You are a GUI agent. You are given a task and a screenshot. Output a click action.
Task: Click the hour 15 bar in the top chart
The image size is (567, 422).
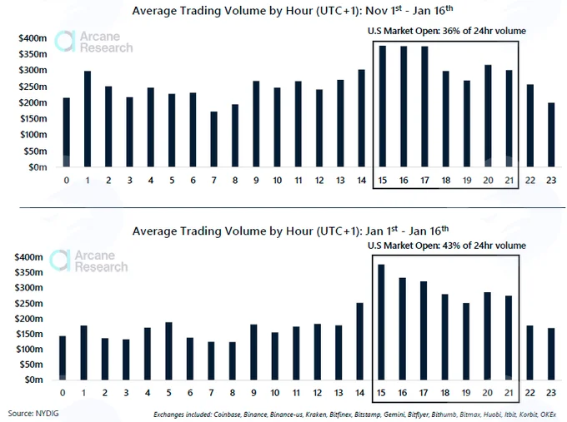(382, 107)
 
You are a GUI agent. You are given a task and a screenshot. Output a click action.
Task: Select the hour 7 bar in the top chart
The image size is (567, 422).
(213, 139)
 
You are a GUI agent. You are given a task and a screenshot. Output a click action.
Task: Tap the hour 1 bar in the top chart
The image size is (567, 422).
(88, 119)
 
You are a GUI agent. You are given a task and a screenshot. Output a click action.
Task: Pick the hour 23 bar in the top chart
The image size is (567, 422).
(550, 135)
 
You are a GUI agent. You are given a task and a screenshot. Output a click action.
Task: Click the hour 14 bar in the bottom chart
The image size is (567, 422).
(359, 341)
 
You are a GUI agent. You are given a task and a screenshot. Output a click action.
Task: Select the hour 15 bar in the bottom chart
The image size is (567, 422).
(381, 322)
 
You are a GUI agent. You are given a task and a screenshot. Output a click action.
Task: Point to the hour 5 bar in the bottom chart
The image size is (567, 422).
(168, 351)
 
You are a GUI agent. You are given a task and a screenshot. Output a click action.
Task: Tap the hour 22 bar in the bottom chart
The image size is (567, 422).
(529, 353)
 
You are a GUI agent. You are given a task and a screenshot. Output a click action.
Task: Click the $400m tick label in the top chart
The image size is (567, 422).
(33, 38)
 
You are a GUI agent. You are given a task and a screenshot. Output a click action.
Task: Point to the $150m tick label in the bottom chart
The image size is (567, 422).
(29, 334)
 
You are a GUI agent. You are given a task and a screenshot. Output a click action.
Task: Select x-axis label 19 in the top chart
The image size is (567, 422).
(467, 180)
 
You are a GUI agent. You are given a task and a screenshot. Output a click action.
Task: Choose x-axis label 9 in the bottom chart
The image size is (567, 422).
(253, 392)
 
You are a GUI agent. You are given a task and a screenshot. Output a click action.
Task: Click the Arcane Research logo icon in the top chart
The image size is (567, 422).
(65, 41)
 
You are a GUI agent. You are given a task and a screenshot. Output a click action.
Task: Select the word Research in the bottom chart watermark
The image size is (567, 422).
(101, 267)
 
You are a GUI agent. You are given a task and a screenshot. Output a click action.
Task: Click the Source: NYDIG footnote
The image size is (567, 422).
(33, 414)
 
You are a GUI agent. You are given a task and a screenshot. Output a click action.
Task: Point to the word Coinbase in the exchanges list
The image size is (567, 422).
(227, 415)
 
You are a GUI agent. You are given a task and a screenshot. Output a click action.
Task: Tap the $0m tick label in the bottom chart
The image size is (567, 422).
(33, 380)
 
